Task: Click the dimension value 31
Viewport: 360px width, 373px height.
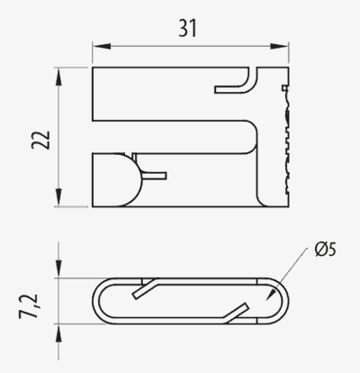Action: (187, 28)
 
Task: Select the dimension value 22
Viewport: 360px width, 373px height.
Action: (40, 140)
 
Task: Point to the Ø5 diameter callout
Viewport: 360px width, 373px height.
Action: (326, 250)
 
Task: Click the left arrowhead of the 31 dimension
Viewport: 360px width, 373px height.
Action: (102, 46)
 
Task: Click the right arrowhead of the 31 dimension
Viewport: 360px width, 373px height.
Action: (279, 46)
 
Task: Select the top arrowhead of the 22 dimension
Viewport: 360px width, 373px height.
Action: (58, 77)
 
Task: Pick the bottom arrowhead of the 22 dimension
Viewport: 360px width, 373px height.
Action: (58, 197)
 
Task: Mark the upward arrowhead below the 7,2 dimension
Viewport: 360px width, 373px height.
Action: (58, 333)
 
